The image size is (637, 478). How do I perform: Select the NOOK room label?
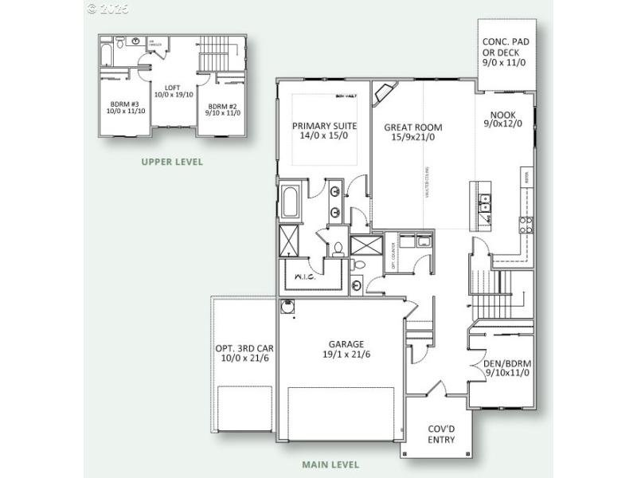pos(503,119)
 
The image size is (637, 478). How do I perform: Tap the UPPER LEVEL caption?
pos(172,162)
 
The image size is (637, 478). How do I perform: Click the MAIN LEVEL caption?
pos(330,464)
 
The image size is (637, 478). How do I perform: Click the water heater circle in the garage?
pos(287,305)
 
